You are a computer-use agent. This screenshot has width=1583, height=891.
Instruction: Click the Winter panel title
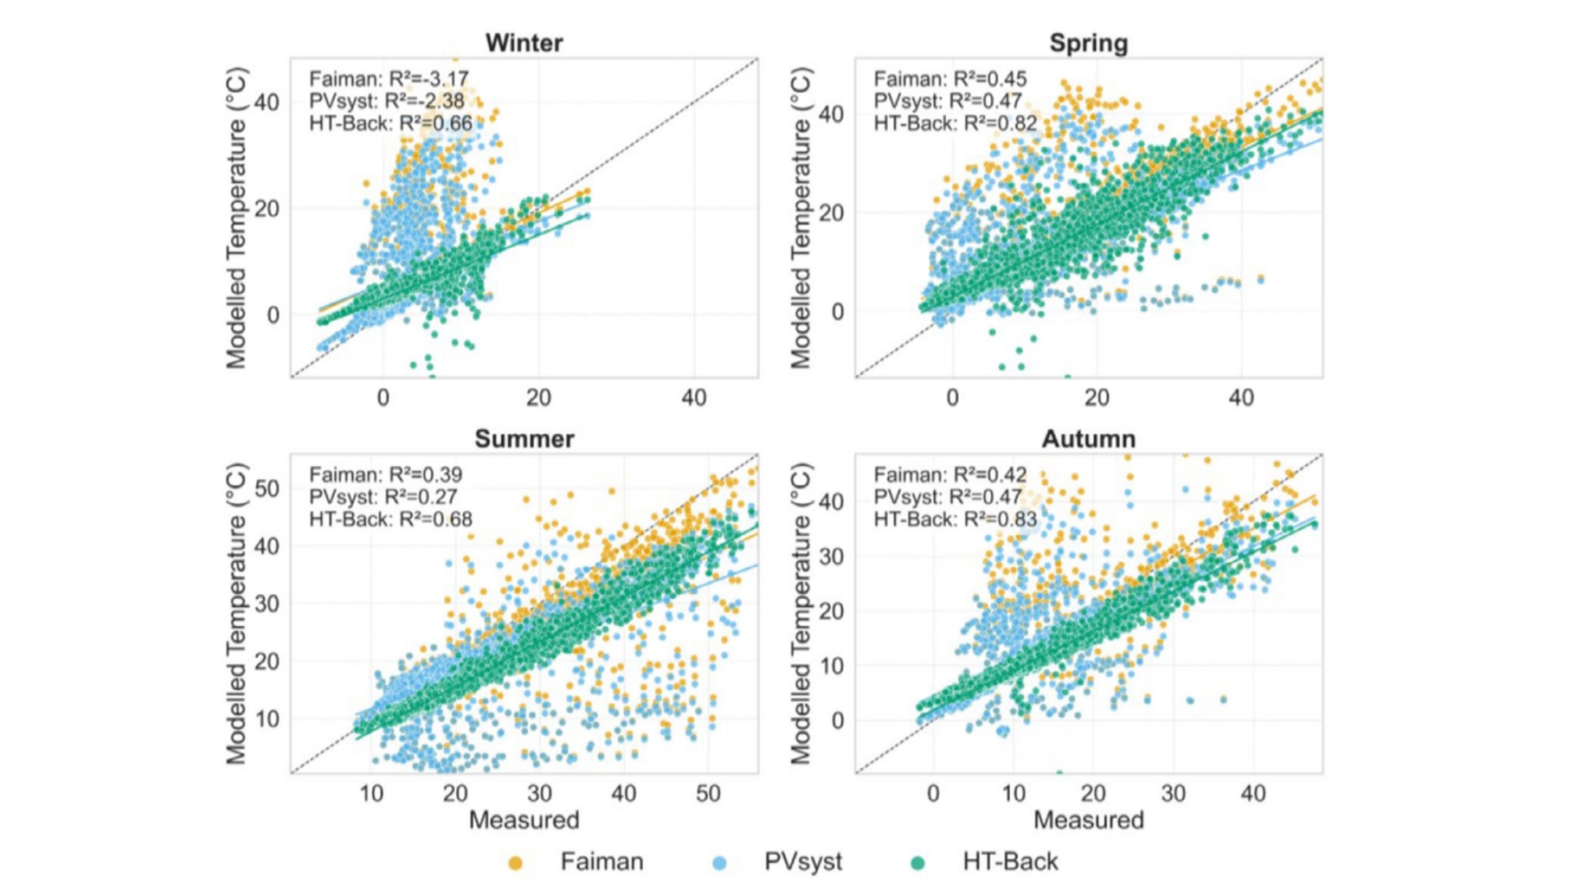tap(524, 43)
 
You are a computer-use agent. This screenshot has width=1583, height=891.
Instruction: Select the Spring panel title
tap(1088, 43)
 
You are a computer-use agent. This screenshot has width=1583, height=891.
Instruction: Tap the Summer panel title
tap(524, 438)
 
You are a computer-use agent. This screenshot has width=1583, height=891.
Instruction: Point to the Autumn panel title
tap(1088, 438)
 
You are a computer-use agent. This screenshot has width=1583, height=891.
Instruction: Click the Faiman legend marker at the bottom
tap(515, 863)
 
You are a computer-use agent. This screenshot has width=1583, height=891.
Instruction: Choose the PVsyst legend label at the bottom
tap(802, 861)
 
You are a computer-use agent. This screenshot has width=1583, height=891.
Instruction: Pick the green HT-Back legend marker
tap(917, 863)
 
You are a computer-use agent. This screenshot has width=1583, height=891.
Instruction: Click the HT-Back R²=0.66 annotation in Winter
tap(391, 124)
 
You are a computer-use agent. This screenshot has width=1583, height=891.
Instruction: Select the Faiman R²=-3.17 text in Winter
tap(388, 79)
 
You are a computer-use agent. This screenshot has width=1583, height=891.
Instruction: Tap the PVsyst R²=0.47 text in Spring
tap(947, 101)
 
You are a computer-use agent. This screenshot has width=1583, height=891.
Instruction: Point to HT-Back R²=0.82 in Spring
tap(956, 124)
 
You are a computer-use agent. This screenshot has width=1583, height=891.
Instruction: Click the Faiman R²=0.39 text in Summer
tap(385, 475)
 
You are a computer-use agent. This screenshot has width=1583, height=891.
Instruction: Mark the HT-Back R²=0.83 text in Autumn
tap(956, 520)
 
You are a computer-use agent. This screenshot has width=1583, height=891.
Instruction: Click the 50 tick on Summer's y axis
tap(267, 488)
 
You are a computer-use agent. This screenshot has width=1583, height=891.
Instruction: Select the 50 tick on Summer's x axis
tap(708, 794)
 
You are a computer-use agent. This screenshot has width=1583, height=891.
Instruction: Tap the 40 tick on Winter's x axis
tap(694, 398)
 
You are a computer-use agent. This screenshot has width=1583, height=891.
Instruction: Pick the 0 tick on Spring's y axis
tap(838, 312)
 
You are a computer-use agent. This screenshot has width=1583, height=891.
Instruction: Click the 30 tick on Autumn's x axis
tap(1173, 794)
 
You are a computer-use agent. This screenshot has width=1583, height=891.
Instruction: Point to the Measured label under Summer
tap(524, 820)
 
